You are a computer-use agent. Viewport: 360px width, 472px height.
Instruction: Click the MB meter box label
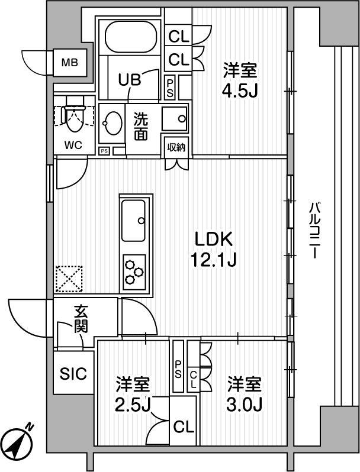pyautogui.click(x=71, y=61)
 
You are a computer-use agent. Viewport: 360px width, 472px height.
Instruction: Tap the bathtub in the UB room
pyautogui.click(x=130, y=36)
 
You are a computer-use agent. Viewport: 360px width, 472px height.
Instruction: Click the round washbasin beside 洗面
pyautogui.click(x=111, y=124)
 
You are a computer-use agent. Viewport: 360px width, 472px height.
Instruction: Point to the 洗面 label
pyautogui.click(x=141, y=126)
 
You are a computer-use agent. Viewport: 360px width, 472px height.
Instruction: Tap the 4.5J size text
pyautogui.click(x=240, y=91)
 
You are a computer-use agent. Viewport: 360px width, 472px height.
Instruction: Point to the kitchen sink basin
pyautogui.click(x=134, y=220)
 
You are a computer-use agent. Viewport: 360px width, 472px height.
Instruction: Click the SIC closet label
pyautogui.click(x=74, y=374)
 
